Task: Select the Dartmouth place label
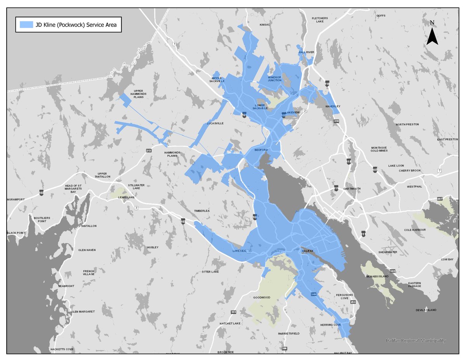pyautogui.click(x=352, y=189)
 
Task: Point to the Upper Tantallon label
pyautogui.click(x=102, y=175)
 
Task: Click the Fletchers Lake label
pyautogui.click(x=320, y=20)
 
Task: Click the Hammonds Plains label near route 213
pyautogui.click(x=172, y=154)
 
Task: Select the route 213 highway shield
pyautogui.click(x=148, y=150)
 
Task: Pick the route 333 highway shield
pyautogui.click(x=233, y=312)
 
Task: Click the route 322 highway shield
pyautogui.click(x=393, y=271)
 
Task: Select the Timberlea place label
pyautogui.click(x=202, y=210)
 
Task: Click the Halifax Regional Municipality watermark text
pyautogui.click(x=416, y=340)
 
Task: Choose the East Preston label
pyautogui.click(x=447, y=139)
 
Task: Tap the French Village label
pyautogui.click(x=89, y=273)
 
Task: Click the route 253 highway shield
pyautogui.click(x=353, y=302)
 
